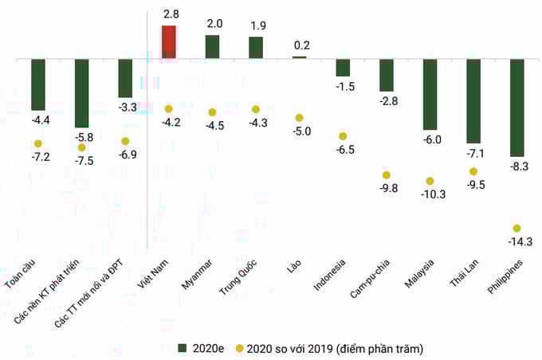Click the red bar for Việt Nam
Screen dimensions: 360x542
(169, 41)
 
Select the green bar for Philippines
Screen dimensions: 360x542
(517, 107)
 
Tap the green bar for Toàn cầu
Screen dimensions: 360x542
(38, 84)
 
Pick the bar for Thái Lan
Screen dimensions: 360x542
(473, 100)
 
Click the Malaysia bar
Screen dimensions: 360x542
(430, 94)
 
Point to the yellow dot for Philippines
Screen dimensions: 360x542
(517, 229)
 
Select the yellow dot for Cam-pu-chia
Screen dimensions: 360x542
(387, 174)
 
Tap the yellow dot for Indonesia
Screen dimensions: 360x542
(343, 136)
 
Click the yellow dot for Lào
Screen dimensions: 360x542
(300, 118)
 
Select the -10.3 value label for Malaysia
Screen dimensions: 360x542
(430, 194)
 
